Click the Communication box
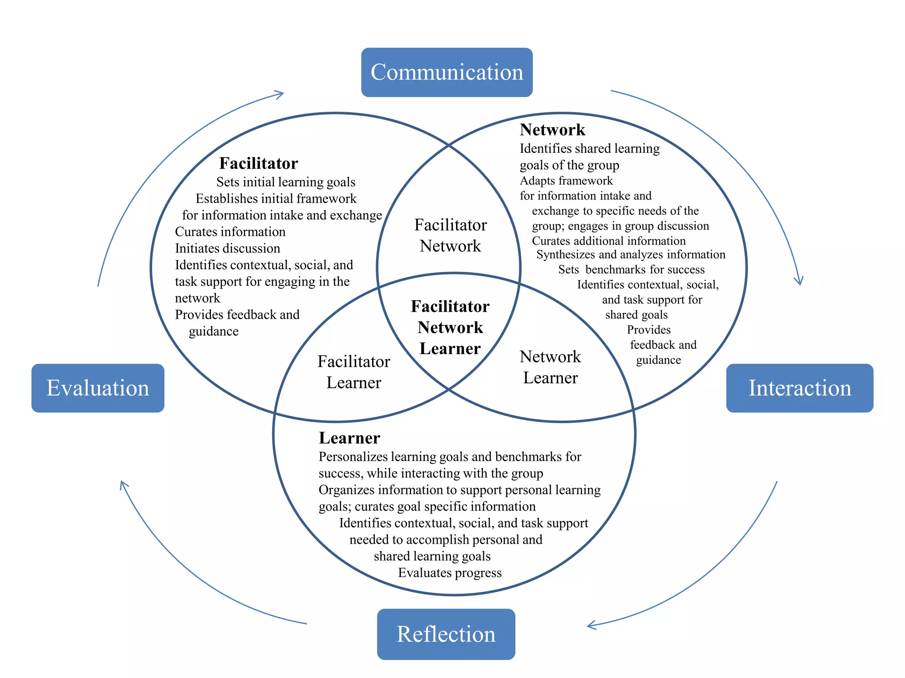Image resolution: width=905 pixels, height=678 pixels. click(x=447, y=72)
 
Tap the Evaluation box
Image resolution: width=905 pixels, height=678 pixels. click(x=98, y=388)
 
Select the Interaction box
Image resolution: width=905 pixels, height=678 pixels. click(x=799, y=388)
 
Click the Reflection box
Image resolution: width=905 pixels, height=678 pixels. click(x=446, y=634)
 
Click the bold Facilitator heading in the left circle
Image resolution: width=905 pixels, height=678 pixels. click(x=259, y=163)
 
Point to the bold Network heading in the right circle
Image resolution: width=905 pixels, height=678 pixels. click(x=552, y=130)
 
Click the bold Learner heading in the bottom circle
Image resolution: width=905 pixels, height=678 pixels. click(x=349, y=438)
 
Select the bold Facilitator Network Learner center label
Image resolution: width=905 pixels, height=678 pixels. click(x=450, y=327)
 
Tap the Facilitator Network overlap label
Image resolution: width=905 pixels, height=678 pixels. click(x=450, y=235)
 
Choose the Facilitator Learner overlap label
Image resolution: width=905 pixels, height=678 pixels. click(x=354, y=372)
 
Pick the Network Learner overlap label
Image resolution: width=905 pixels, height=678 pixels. click(x=550, y=367)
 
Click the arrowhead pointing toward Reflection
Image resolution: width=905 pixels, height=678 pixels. click(x=592, y=625)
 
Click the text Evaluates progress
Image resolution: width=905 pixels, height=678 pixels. click(x=449, y=573)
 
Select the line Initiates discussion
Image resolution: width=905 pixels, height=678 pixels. click(x=227, y=248)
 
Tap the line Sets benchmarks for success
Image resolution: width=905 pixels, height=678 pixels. click(x=631, y=269)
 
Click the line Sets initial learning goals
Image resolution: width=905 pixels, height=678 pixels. click(x=285, y=182)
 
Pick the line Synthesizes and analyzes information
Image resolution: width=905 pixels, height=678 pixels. click(x=631, y=254)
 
